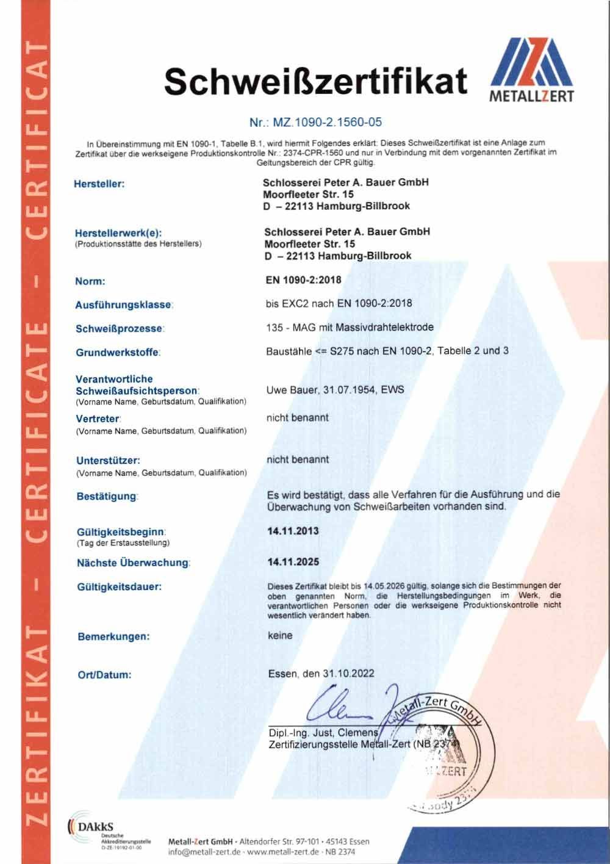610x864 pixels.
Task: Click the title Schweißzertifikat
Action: pyautogui.click(x=316, y=81)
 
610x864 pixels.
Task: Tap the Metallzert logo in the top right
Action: pyautogui.click(x=532, y=70)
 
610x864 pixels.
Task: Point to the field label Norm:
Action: pyautogui.click(x=90, y=281)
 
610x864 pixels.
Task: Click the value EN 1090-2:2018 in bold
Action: pyautogui.click(x=303, y=280)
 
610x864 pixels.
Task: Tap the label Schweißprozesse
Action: pyautogui.click(x=120, y=328)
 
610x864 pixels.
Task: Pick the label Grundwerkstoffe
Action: pyautogui.click(x=118, y=353)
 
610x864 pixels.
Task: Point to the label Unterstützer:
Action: pyautogui.click(x=109, y=460)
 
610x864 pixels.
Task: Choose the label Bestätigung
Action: pyautogui.click(x=107, y=496)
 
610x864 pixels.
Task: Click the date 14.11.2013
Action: pyautogui.click(x=293, y=531)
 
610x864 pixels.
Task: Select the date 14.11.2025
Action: pyautogui.click(x=293, y=562)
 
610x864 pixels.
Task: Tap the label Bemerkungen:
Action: pyautogui.click(x=113, y=636)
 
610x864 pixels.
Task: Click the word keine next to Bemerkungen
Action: pyautogui.click(x=280, y=635)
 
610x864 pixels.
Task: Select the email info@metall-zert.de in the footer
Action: pyautogui.click(x=204, y=852)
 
